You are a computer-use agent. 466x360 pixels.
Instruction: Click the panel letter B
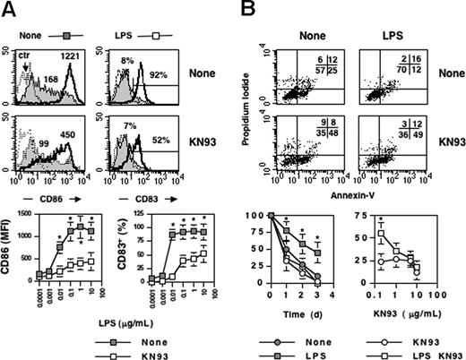coord(249,9)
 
